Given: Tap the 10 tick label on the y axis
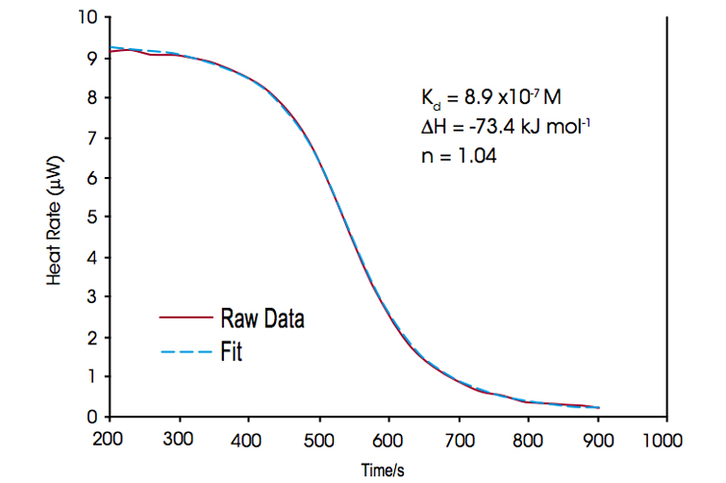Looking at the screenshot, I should click(x=87, y=18).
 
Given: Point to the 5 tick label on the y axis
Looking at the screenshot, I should click(x=91, y=217).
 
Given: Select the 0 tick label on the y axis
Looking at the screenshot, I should click(x=91, y=417).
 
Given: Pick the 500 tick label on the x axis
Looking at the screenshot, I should click(x=318, y=438).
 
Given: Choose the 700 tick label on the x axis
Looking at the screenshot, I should click(x=458, y=438).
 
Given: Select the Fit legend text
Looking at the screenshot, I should click(x=231, y=352).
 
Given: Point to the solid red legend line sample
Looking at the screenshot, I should click(x=184, y=318).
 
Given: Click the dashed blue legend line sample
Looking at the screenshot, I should click(x=184, y=352).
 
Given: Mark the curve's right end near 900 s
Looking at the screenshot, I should click(x=598, y=407).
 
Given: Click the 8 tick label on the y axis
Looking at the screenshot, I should click(x=91, y=98).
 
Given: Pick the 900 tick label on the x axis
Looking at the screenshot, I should click(x=597, y=438).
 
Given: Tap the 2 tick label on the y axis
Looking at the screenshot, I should click(x=91, y=337).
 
